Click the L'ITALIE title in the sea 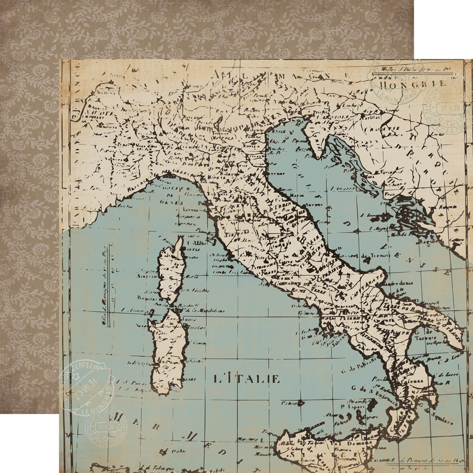[x=246, y=379]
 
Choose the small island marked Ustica [x=299, y=403]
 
